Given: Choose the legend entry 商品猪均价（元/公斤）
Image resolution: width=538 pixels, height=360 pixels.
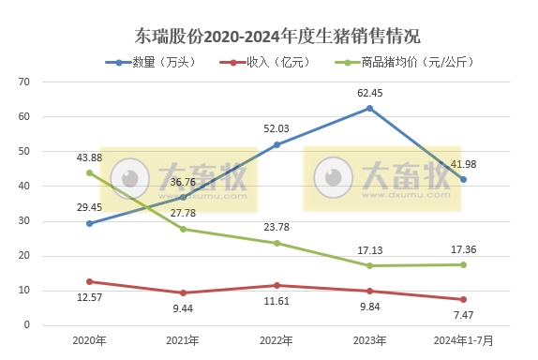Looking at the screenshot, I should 404,63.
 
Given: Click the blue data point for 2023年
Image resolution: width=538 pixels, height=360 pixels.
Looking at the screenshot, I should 370,109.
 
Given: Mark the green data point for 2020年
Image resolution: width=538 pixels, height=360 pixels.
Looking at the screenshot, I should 90,172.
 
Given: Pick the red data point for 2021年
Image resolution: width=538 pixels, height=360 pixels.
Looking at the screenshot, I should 184,292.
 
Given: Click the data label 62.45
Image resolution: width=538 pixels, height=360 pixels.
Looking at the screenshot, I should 370,93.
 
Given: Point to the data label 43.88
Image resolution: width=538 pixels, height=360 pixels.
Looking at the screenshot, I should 90,157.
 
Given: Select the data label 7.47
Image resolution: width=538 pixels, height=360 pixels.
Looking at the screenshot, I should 463,316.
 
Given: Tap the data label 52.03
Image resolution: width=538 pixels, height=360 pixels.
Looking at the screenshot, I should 276,128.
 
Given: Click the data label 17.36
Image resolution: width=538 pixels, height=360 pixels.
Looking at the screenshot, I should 463,249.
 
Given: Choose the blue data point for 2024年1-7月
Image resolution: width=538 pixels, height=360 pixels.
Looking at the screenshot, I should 463,179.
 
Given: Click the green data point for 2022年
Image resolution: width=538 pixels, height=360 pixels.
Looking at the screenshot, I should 276,243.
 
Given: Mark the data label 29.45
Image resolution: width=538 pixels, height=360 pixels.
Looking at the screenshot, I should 90,207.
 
